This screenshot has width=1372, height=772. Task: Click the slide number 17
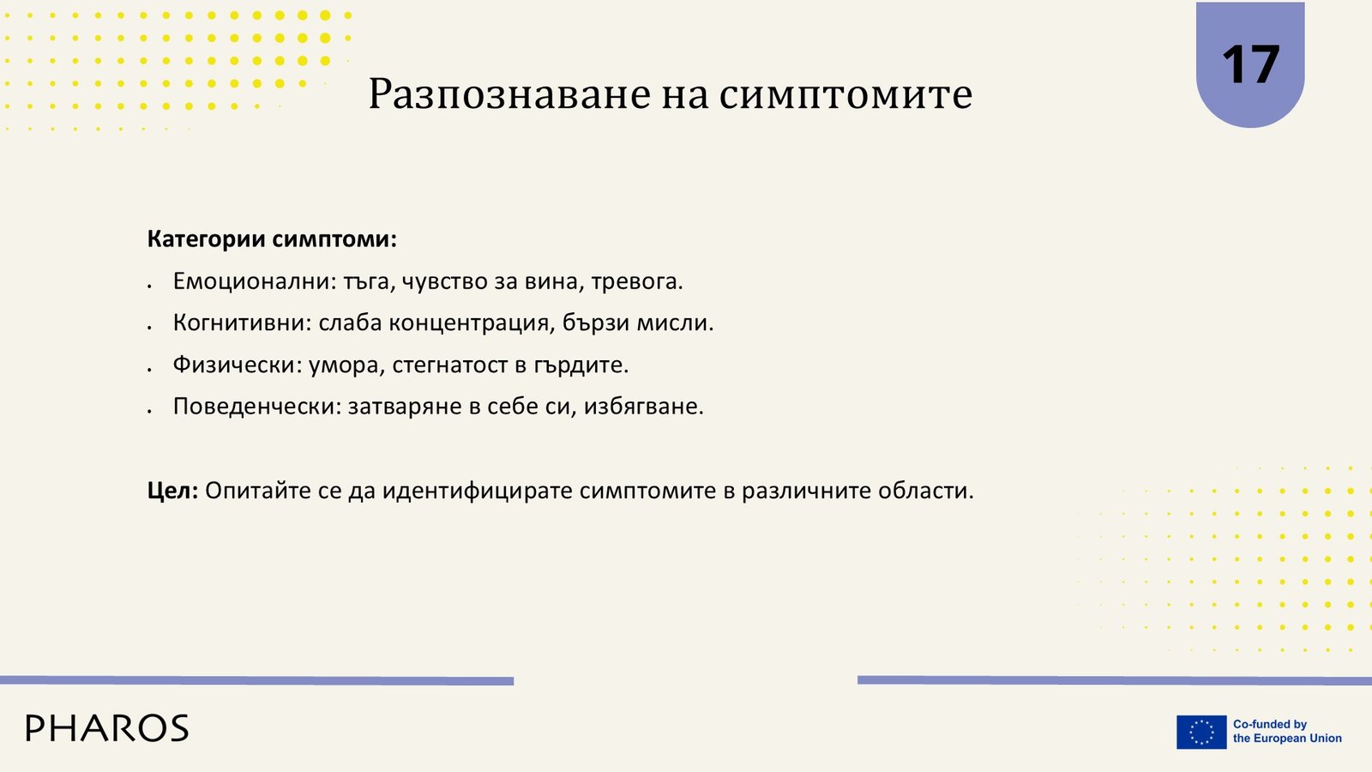pos(1250,64)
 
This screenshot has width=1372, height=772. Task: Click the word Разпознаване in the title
pos(509,94)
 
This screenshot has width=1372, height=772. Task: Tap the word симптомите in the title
pos(845,95)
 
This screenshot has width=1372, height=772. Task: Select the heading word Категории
pos(207,239)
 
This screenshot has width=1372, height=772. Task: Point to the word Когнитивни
pos(243,323)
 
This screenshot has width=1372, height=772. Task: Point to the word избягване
pos(644,407)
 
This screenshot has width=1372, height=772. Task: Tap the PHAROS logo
pos(107,728)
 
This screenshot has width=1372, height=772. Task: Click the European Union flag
pos(1201,732)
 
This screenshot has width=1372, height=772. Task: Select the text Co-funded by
pos(1270,724)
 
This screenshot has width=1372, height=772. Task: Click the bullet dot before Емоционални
pos(149,286)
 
